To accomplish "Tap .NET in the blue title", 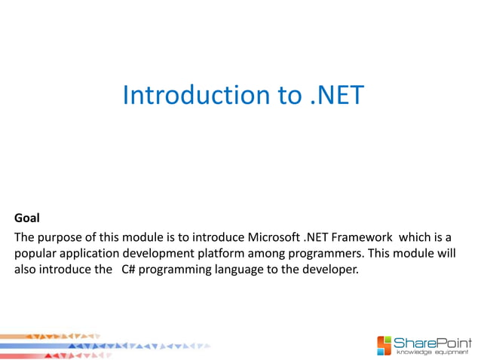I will [x=337, y=95].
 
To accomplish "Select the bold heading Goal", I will [x=27, y=219].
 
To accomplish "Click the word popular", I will [x=35, y=255].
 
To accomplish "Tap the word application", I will [x=90, y=255].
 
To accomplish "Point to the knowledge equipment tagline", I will [x=434, y=352].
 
